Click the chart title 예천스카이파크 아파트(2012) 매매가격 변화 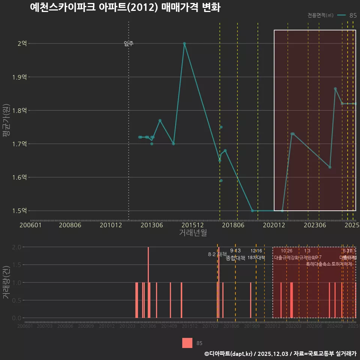pos(125,7)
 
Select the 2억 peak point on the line pos(184,43)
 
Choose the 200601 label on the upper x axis pos(30,225)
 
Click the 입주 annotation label pos(129,44)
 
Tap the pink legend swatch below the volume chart pos(187,343)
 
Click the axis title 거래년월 pos(193,233)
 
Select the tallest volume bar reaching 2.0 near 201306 pos(148,282)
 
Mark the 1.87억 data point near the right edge pos(335,89)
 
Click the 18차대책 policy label pos(256,258)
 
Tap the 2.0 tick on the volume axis pos(16,247)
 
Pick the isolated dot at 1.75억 pos(221,127)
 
